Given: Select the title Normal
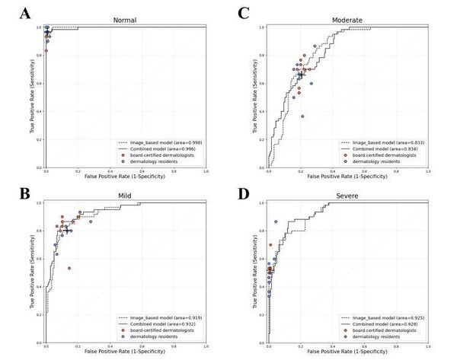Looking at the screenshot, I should pos(124,21).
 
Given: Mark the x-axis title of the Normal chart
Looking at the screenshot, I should pos(124,178).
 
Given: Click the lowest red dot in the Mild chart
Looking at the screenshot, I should pos(69,268).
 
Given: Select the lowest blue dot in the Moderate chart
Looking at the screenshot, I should pos(302,116).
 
